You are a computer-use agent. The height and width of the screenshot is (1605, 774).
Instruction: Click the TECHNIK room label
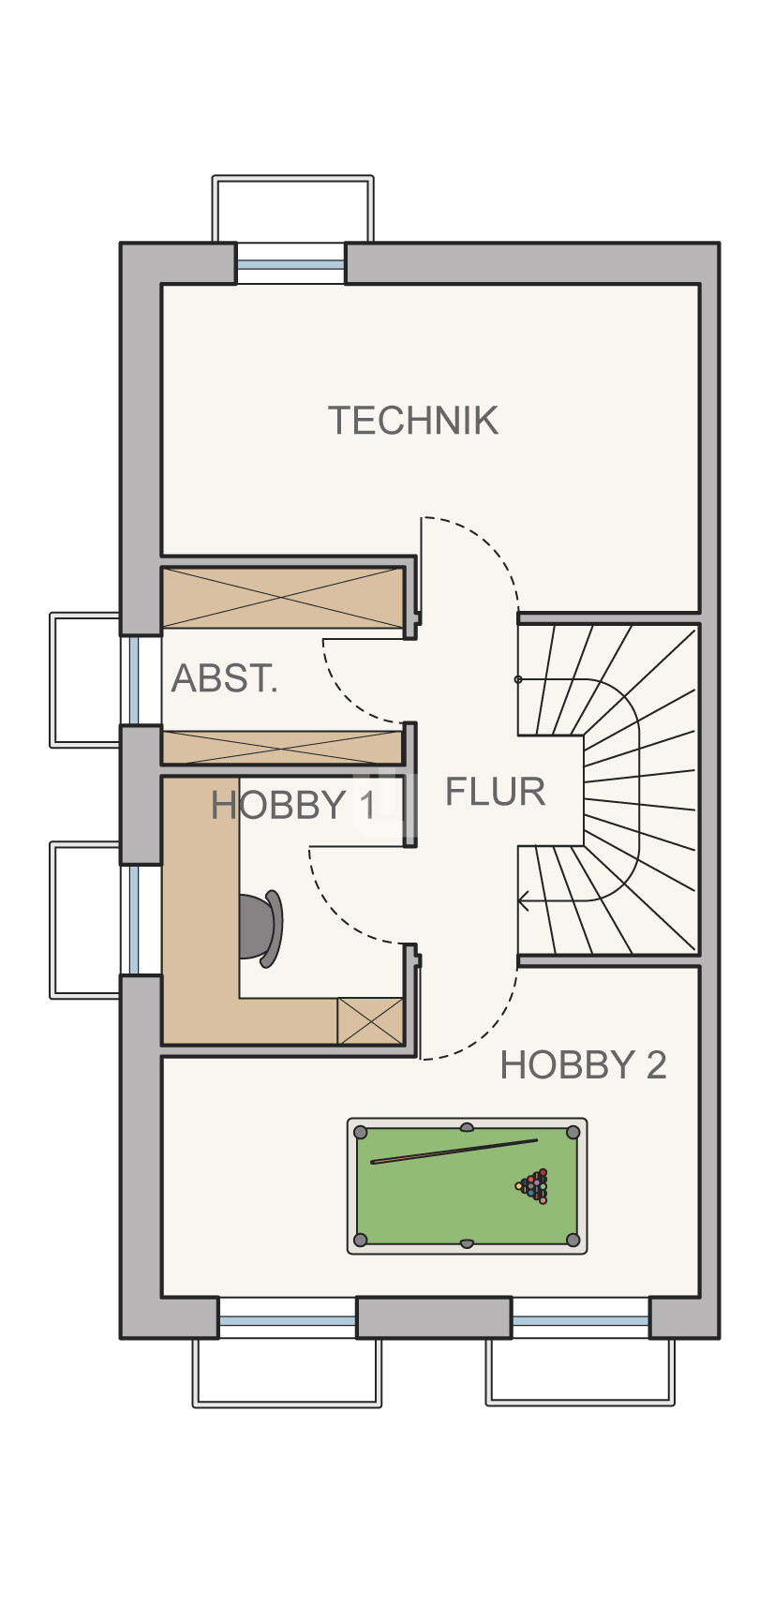pos(413,421)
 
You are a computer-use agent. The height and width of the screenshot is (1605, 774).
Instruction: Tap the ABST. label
pos(224,677)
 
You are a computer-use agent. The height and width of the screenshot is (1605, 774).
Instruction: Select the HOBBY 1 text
pos(293,805)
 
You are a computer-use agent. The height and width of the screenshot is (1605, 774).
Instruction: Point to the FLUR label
pos(495,792)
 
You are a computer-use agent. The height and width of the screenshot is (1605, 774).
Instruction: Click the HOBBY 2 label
pos(584,1064)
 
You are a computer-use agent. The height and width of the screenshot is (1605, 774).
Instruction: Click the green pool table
pos(467,1186)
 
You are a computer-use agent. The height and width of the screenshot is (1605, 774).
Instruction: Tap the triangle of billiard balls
pos(532,1186)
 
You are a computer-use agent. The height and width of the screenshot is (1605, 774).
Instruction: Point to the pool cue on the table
pos(454,1151)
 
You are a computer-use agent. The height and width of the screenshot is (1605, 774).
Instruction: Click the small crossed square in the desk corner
pos(370,1020)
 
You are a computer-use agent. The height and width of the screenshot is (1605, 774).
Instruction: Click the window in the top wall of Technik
pos(291,264)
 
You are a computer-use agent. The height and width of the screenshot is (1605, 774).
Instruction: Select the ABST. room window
pos(134,679)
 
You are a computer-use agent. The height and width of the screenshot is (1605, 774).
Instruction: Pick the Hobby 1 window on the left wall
pos(134,920)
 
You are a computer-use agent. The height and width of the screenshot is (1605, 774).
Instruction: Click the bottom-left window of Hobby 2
pos(288,1318)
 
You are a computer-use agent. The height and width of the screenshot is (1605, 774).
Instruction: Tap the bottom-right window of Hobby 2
pos(581,1318)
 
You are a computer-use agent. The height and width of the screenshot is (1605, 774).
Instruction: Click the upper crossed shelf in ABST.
pos(282,598)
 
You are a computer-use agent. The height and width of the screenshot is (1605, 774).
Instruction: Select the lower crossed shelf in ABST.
pos(282,748)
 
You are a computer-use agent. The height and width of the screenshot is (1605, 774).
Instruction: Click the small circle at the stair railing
pos(518,679)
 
